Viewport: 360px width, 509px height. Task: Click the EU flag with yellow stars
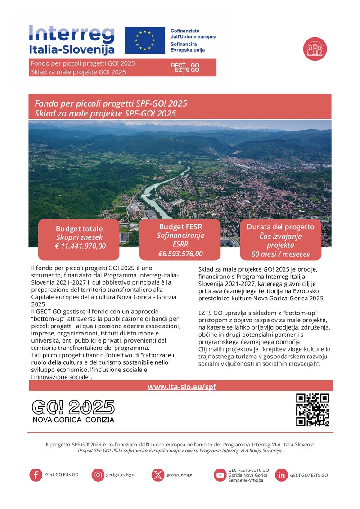145,40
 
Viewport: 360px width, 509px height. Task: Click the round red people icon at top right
315,49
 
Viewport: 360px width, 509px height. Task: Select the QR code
313,410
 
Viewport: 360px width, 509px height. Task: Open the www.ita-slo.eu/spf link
182,386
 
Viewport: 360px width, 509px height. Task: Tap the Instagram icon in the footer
98,475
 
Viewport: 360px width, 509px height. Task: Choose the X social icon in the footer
158,475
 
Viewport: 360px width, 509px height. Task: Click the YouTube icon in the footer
220,475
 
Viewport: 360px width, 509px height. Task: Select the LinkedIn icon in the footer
281,475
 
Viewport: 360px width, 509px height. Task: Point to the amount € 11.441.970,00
79,246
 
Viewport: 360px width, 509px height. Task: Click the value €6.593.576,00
180,254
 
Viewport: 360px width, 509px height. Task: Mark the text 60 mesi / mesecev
280,255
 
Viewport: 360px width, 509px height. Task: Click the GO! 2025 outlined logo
73,407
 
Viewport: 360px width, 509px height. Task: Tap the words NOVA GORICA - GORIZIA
73,420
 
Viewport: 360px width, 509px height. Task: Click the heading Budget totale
79,228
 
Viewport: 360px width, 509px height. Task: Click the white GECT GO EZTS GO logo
185,68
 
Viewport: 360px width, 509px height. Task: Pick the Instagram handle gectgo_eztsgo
120,475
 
